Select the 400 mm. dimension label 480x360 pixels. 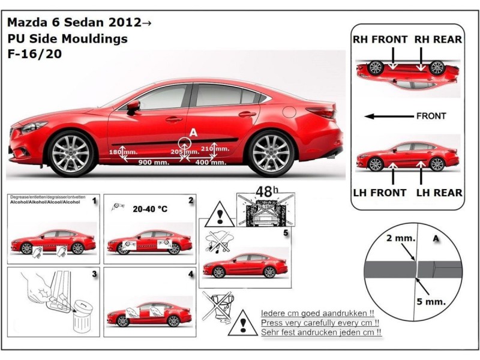(x=210, y=163)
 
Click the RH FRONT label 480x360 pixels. (x=380, y=40)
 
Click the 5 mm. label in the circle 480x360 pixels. (x=438, y=302)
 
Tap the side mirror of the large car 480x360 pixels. (x=133, y=107)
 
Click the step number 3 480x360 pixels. (x=94, y=274)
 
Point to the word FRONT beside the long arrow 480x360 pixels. (x=431, y=116)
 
